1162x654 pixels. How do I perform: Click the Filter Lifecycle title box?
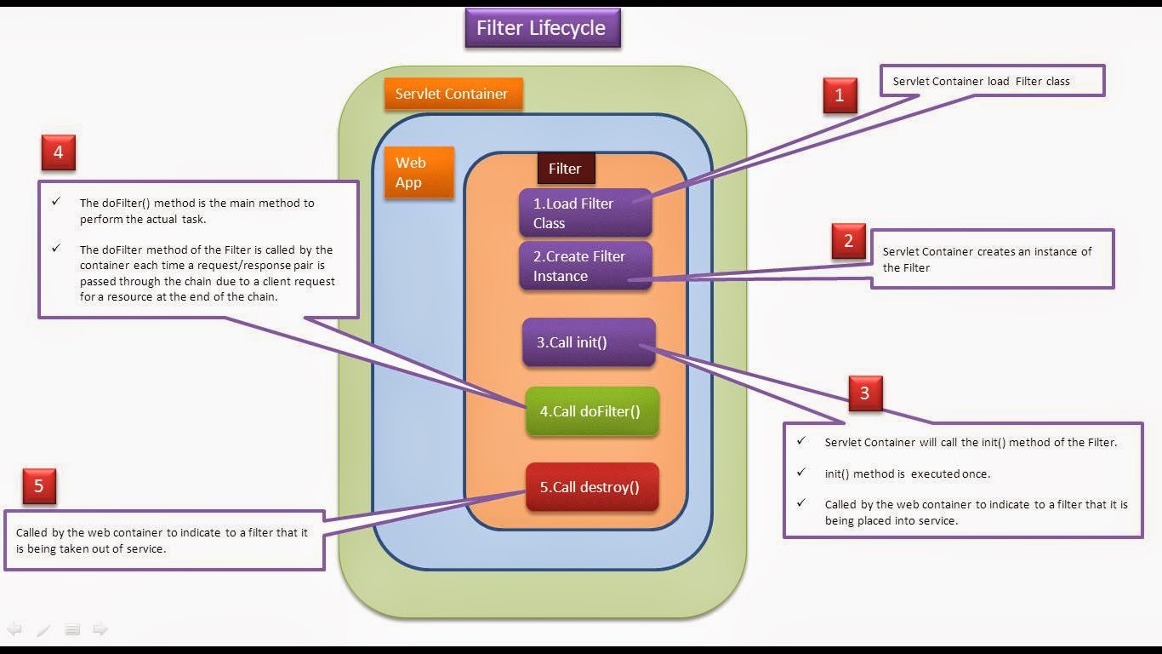(x=542, y=28)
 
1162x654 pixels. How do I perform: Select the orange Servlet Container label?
(x=452, y=94)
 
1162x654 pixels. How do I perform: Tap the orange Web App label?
(x=419, y=172)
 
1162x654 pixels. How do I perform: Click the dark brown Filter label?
(x=565, y=169)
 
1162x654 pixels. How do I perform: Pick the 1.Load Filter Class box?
(x=585, y=213)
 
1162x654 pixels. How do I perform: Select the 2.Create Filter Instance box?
(x=585, y=266)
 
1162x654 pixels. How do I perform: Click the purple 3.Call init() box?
(x=589, y=342)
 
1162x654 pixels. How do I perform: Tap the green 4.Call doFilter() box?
(x=591, y=411)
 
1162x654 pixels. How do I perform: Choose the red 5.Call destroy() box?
(x=591, y=487)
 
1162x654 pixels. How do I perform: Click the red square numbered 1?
(x=840, y=95)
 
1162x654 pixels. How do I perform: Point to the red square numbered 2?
(x=848, y=241)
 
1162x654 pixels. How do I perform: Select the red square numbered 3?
(x=865, y=393)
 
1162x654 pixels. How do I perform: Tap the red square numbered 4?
(x=58, y=152)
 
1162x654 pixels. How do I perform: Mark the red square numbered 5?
(x=39, y=486)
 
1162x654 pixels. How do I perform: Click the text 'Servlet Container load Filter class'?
(x=981, y=82)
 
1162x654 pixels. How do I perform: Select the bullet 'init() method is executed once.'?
(x=907, y=473)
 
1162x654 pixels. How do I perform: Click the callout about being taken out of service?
(x=162, y=541)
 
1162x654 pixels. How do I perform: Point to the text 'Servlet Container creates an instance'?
(x=987, y=252)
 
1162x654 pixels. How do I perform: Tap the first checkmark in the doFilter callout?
(x=57, y=203)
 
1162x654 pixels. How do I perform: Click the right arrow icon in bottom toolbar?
(x=100, y=629)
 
